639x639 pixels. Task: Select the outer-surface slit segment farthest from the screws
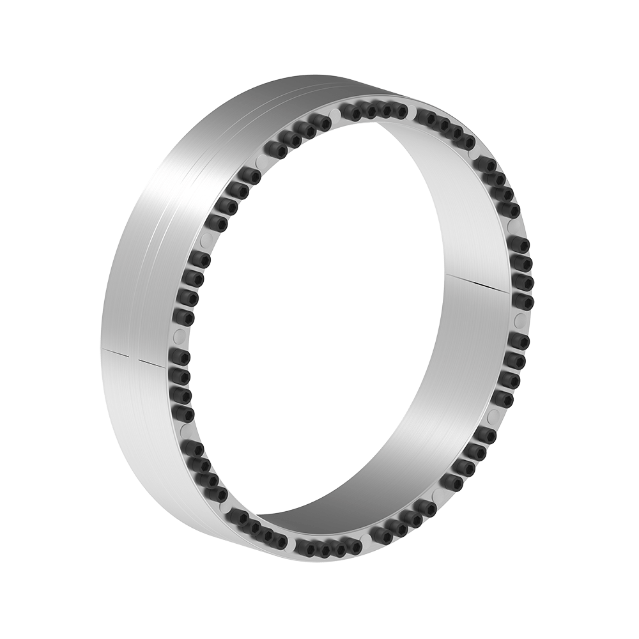pyautogui.click(x=118, y=351)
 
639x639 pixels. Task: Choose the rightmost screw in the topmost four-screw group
pyautogui.click(x=399, y=111)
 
